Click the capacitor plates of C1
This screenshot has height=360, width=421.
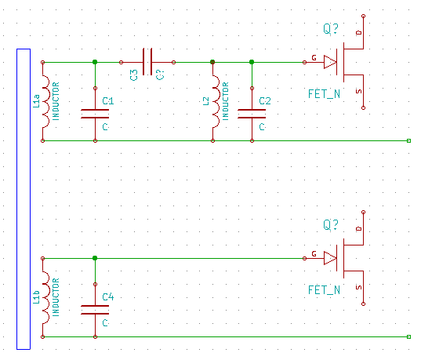(95, 114)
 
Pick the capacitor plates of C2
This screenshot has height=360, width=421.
(252, 114)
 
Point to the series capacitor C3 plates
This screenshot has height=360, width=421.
(147, 62)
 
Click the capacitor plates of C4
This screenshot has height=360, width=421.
(95, 310)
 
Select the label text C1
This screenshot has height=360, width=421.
(108, 101)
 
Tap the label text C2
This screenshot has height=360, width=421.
(265, 101)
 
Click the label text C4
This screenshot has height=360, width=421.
(108, 297)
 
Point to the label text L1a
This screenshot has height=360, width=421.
(36, 101)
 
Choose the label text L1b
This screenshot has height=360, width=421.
(36, 297)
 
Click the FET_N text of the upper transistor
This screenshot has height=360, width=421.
(324, 94)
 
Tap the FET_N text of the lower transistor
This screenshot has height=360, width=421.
(324, 290)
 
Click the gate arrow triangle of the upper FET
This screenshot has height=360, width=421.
(330, 62)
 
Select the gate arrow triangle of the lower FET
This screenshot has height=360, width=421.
(330, 258)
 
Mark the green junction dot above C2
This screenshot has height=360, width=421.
(252, 62)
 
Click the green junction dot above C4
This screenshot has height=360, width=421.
(95, 258)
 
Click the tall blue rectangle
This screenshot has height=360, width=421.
(17, 199)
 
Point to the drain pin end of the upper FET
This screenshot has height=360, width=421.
(363, 16)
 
